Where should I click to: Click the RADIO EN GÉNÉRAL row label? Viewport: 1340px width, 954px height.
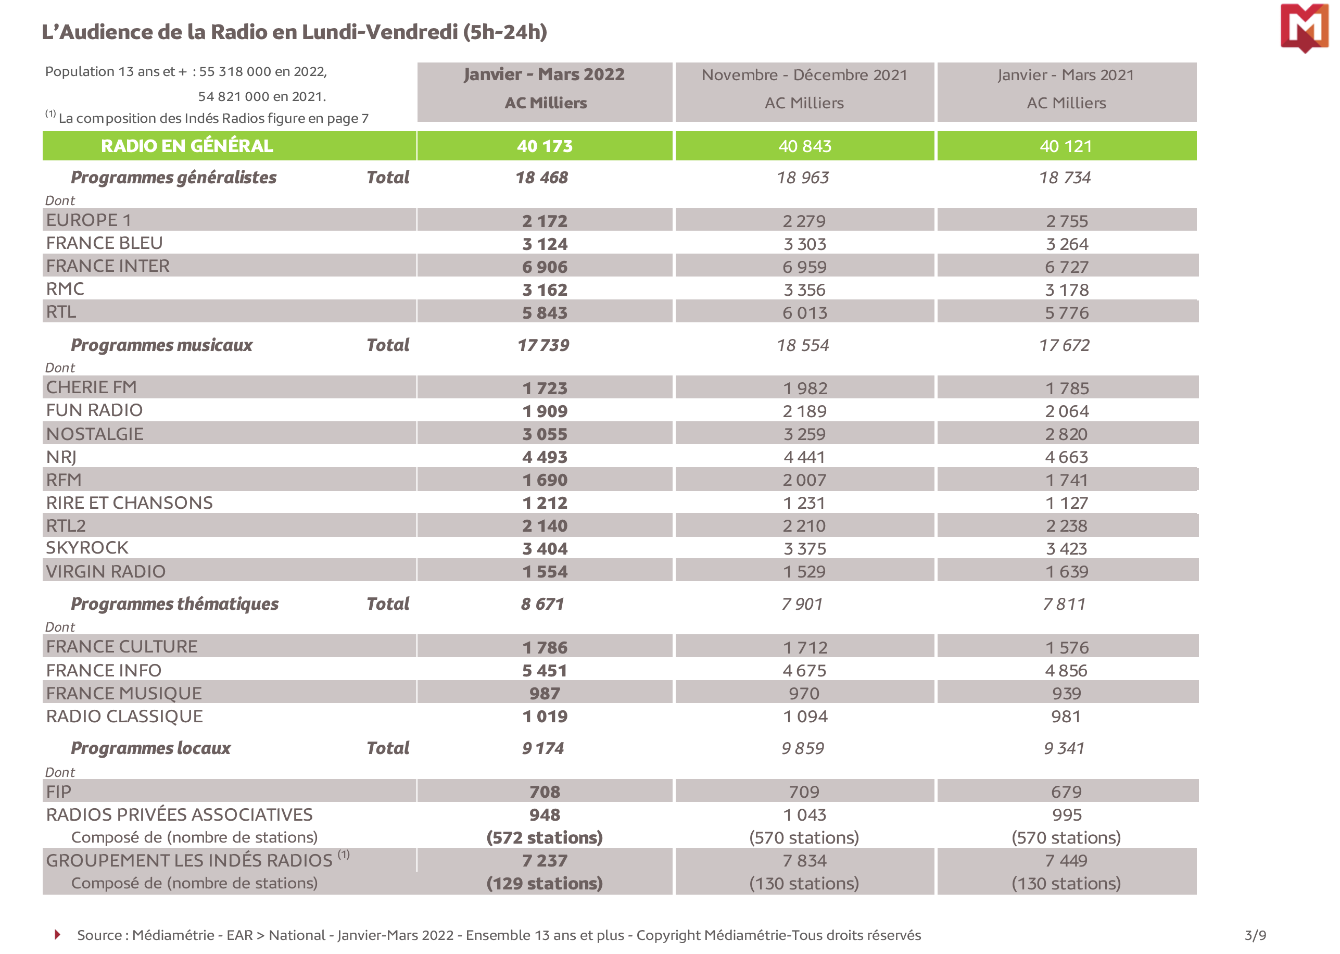tap(187, 146)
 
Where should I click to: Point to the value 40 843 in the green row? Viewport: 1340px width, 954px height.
tap(804, 146)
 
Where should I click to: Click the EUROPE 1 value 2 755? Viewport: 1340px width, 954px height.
tap(1066, 221)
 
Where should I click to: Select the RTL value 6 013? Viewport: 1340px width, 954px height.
tap(804, 313)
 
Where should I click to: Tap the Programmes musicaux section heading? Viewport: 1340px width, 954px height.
tap(161, 345)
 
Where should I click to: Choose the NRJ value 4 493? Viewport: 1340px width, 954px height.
tap(545, 457)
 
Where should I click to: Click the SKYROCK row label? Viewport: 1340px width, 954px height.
tap(87, 548)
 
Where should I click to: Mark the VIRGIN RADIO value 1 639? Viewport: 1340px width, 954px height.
tap(1066, 572)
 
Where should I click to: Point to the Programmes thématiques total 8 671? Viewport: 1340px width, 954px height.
tap(542, 604)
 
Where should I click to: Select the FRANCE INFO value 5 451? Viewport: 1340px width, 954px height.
tap(545, 671)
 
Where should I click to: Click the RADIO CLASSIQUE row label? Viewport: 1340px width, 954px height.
tap(124, 717)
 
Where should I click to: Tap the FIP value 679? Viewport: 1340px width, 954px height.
tap(1066, 792)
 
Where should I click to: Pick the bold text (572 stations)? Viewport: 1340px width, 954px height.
tap(545, 838)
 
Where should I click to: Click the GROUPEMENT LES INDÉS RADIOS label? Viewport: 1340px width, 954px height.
tap(189, 861)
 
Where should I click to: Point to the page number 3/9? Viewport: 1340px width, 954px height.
tap(1255, 935)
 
